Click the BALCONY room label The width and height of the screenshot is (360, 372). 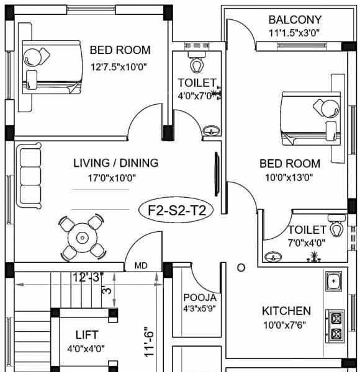295,20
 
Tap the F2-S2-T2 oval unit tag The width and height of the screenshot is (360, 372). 176,210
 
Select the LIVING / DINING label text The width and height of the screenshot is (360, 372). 115,163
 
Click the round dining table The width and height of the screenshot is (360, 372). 82,237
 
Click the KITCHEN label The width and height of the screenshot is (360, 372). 286,311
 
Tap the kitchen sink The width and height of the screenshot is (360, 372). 334,282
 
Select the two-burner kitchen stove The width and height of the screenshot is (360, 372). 335,326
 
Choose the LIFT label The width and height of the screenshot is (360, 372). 87,335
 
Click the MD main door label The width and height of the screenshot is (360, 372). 141,266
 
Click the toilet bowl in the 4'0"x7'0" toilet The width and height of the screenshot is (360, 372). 197,64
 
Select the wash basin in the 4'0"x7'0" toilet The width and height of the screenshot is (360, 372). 211,130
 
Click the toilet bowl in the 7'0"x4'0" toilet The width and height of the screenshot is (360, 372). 337,228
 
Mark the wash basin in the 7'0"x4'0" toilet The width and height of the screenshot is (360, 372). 271,255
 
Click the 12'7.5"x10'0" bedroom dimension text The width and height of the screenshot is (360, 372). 120,66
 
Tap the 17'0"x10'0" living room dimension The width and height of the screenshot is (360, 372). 112,178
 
